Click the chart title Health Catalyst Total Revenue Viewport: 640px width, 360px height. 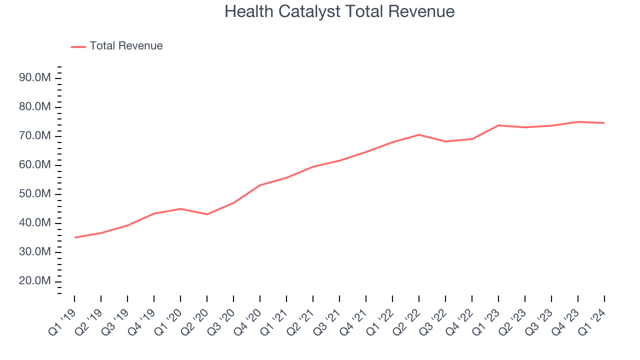339,11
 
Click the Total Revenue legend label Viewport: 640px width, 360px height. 126,46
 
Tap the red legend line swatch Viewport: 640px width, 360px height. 78,46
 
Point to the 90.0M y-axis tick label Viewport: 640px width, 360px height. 35,78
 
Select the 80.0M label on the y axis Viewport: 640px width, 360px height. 35,107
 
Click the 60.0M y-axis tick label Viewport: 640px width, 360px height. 35,165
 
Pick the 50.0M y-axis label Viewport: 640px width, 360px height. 35,194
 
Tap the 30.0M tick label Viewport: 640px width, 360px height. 35,252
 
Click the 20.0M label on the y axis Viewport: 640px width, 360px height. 35,281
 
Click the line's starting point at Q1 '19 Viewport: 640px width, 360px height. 74,237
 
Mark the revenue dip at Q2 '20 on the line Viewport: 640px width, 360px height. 207,214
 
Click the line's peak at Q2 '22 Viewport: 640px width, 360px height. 419,134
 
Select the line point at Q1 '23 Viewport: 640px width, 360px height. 498,125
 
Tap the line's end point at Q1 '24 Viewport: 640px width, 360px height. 604,123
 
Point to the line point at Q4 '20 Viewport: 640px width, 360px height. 260,185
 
